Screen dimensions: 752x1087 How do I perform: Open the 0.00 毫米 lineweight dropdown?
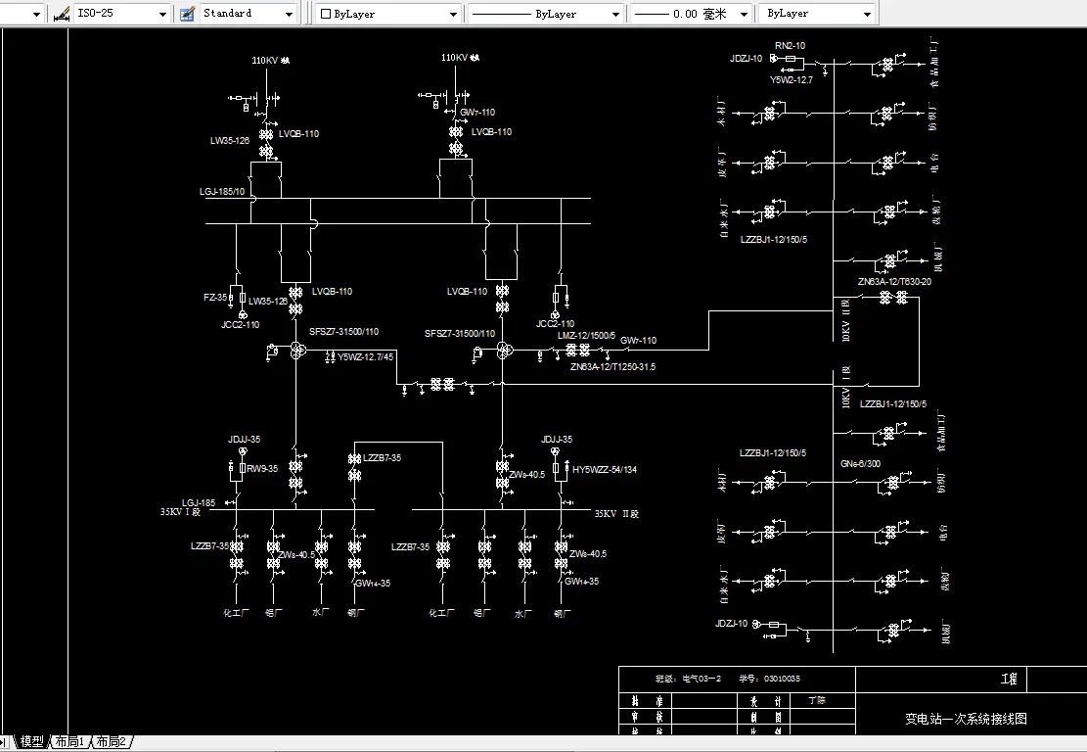click(x=691, y=14)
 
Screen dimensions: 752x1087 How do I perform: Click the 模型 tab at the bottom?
click(x=32, y=742)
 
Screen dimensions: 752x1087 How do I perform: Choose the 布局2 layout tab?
click(x=111, y=742)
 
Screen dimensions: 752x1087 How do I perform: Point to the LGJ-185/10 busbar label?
click(x=222, y=192)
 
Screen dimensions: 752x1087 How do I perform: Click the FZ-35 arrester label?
click(x=215, y=297)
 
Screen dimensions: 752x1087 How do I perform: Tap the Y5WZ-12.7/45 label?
click(x=366, y=357)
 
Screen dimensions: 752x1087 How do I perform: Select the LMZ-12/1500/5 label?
click(x=586, y=336)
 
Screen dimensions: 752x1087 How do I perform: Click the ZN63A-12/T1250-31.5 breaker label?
click(x=612, y=367)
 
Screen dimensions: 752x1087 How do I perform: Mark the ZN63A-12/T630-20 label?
click(x=894, y=282)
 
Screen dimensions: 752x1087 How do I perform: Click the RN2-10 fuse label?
click(x=790, y=46)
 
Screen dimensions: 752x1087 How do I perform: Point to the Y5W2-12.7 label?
click(x=792, y=79)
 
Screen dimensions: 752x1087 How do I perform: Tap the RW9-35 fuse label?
click(x=261, y=469)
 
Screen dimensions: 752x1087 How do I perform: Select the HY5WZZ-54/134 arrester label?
click(x=605, y=470)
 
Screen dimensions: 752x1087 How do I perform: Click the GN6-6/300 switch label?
click(x=860, y=464)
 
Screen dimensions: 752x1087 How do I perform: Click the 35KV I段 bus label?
click(x=180, y=511)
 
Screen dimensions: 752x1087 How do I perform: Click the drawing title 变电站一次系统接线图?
click(x=966, y=719)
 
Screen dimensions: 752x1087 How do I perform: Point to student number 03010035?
click(x=782, y=679)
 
